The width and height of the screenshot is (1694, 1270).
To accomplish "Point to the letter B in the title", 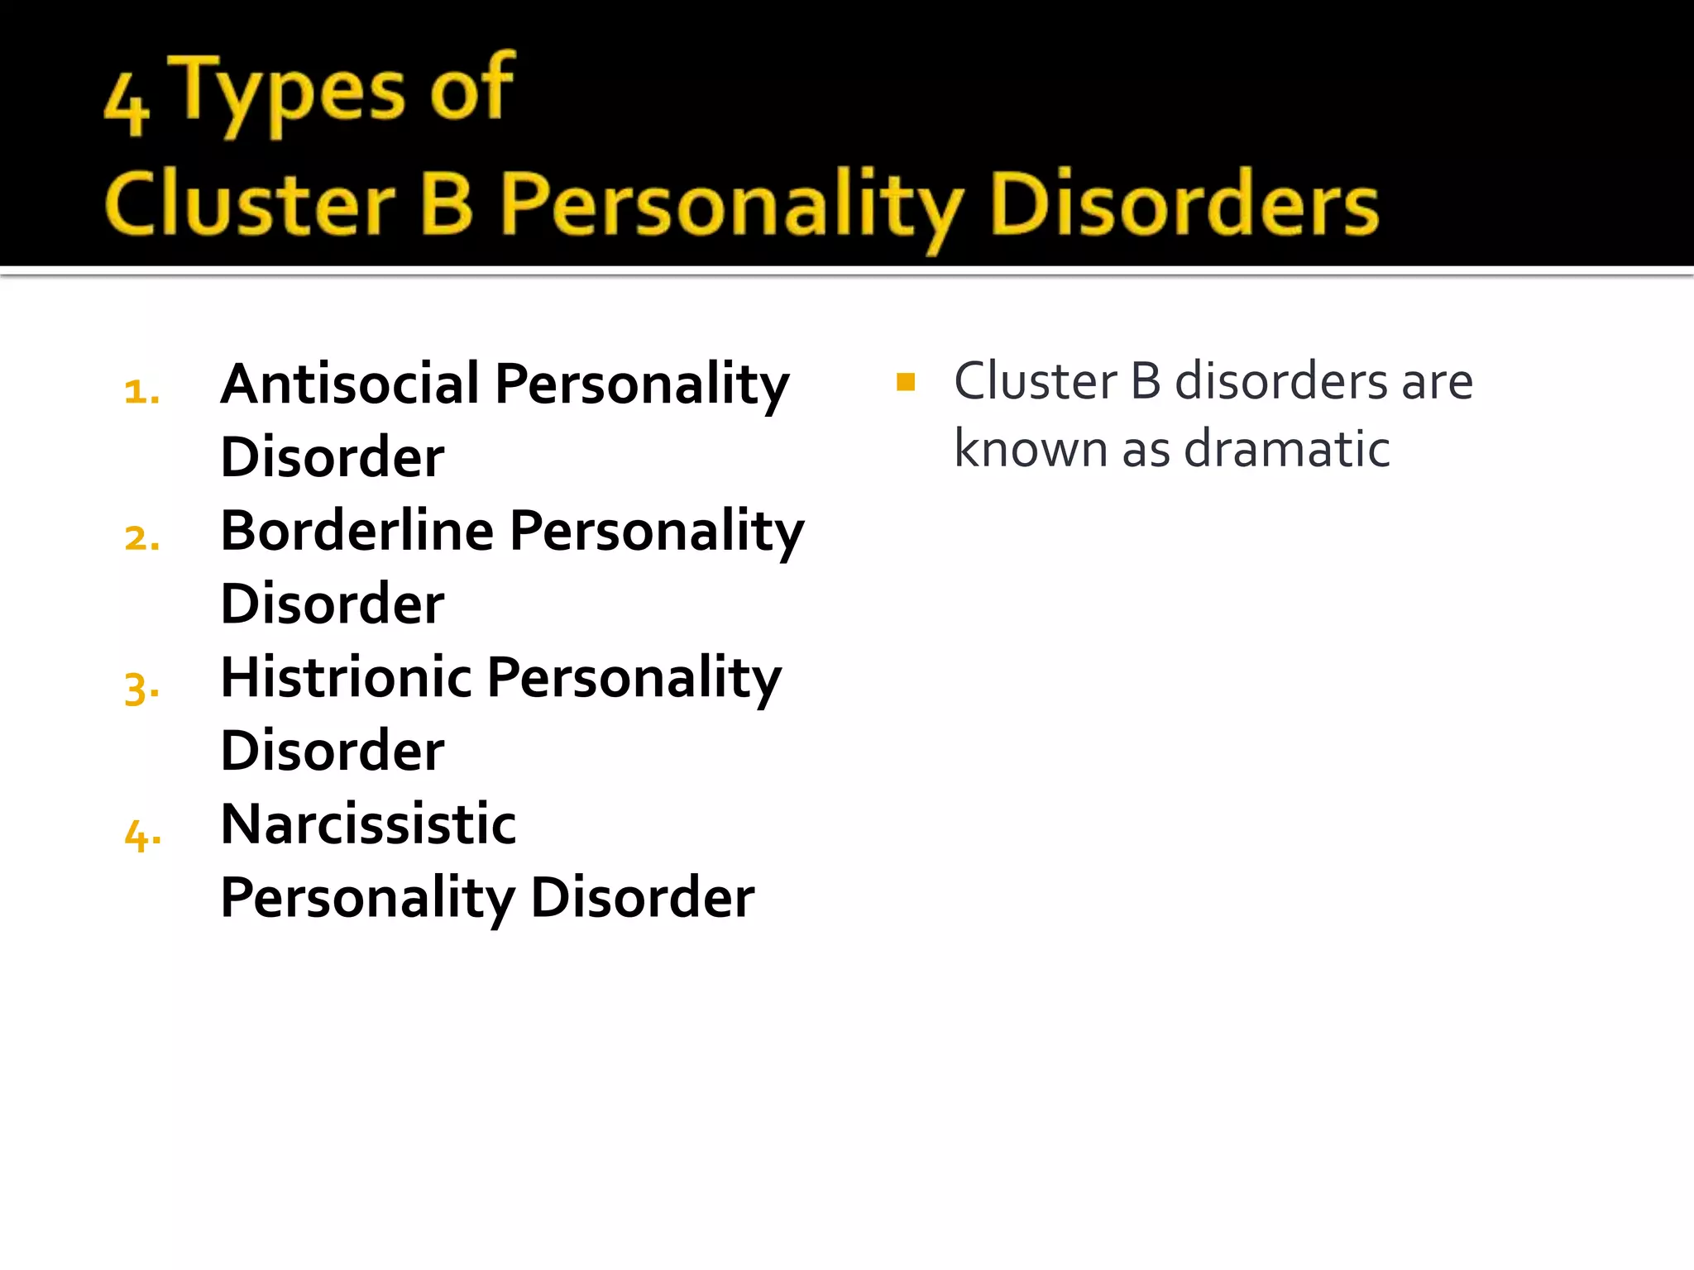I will pos(447,203).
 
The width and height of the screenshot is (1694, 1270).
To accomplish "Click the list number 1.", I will pos(141,392).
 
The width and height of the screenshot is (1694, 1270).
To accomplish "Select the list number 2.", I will pos(141,539).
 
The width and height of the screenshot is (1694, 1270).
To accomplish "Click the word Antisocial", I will pos(350,384).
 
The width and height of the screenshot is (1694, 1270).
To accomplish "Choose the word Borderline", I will pos(357,531).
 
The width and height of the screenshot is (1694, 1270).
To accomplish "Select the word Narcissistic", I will pos(368,824).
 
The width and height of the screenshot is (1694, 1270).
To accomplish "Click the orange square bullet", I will pos(906,382).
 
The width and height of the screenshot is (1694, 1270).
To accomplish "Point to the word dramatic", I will pos(1286,449).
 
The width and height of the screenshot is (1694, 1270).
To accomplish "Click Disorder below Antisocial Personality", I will pos(333,457).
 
